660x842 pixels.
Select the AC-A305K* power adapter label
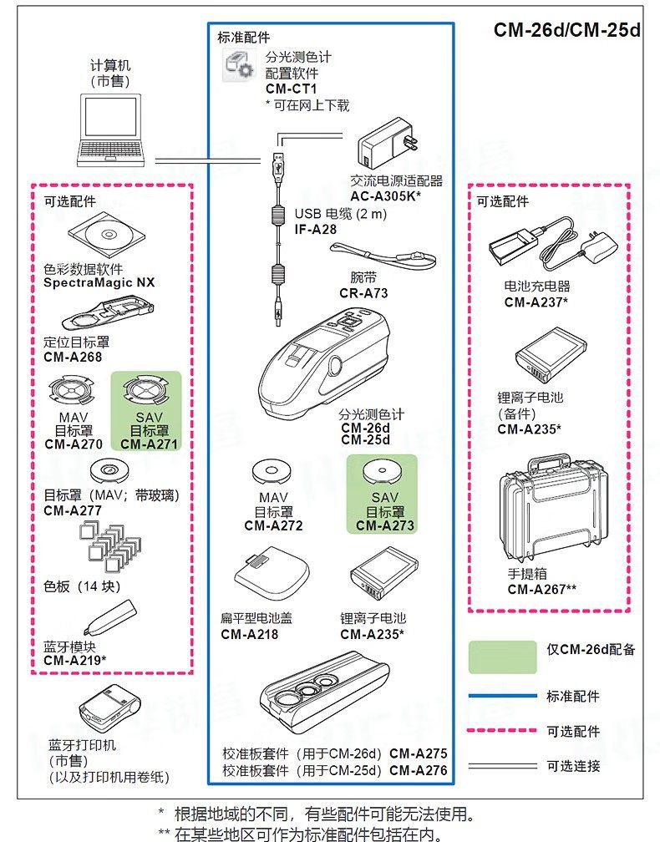tap(384, 196)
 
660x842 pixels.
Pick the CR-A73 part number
tap(363, 293)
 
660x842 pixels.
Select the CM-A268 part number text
tap(72, 358)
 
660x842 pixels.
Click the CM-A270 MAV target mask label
tap(74, 444)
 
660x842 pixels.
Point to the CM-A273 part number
tap(384, 525)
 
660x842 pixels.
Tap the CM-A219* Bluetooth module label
tap(74, 660)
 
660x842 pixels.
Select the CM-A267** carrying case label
tap(541, 589)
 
